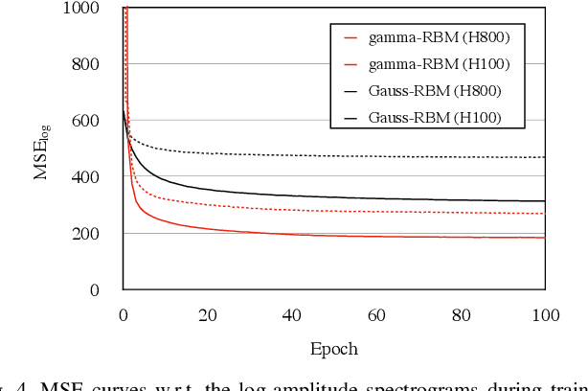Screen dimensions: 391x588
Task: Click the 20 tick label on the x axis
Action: click(x=208, y=315)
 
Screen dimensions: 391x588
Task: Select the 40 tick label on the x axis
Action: click(x=292, y=315)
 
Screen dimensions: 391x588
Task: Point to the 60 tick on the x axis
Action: click(x=376, y=315)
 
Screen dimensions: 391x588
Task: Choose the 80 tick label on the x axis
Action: click(x=461, y=315)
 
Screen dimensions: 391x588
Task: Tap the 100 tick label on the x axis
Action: click(x=545, y=315)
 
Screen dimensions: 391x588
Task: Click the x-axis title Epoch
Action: click(x=334, y=349)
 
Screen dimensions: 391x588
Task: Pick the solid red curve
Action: click(x=335, y=235)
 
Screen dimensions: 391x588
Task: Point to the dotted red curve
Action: click(x=335, y=211)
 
